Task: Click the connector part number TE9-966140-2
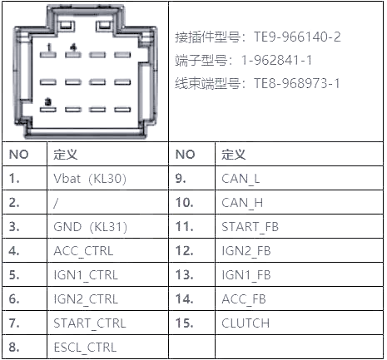point(297,37)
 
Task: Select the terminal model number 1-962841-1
point(276,60)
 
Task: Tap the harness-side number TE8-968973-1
point(296,83)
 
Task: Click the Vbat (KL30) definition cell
point(90,179)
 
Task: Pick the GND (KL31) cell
point(91,227)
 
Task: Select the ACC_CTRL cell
point(83,251)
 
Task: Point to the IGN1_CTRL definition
point(86,275)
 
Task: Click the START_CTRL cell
point(90,323)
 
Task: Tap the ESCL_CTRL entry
point(85,348)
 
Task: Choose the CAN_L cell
point(241,179)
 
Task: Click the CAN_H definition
point(242,203)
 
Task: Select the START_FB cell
point(250,227)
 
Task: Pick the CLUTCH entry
point(246,323)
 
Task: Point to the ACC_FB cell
point(244,299)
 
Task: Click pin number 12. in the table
point(184,251)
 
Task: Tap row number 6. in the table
point(14,299)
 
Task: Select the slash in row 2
point(56,203)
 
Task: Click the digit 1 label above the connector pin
point(49,47)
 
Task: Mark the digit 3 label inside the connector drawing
point(48,102)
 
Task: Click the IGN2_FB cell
point(246,251)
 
